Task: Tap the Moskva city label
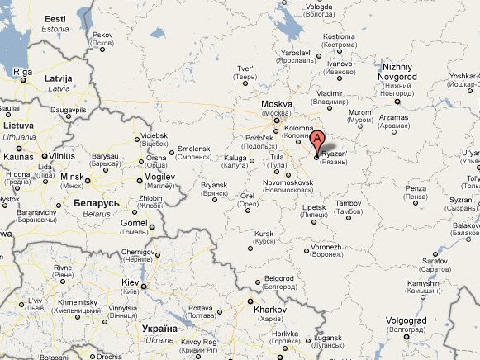pos(277,104)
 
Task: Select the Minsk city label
pos(73,177)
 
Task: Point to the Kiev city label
pos(131,282)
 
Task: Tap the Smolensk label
pos(194,149)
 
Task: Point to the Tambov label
pos(349,202)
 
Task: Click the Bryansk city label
pos(213,186)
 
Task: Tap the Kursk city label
pos(264,234)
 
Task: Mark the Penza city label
pos(416,189)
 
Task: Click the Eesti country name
pos(55,19)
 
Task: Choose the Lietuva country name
pos(18,126)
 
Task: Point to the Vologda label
pos(319,7)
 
